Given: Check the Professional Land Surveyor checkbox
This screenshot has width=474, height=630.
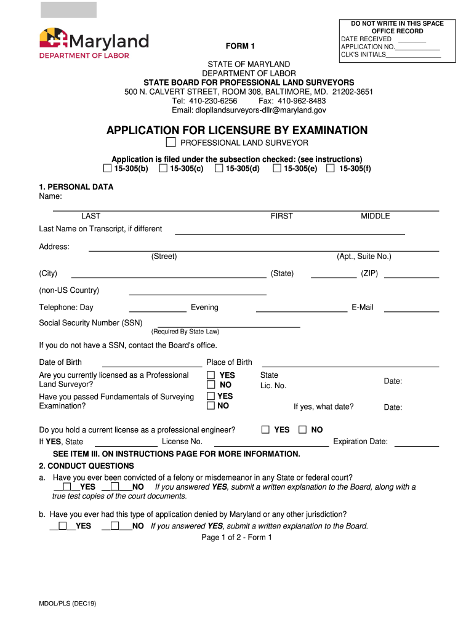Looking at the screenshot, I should click(171, 143).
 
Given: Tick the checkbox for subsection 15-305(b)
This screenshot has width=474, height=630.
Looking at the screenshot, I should click(107, 169).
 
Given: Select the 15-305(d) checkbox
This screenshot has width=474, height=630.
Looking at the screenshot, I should click(219, 169).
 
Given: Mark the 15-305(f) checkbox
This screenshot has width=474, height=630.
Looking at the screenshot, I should click(331, 169).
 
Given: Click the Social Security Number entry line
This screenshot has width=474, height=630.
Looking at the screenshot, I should click(228, 324).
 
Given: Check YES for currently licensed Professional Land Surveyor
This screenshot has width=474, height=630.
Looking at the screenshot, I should click(211, 375).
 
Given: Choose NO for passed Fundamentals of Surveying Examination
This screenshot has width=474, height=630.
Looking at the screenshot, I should click(211, 406).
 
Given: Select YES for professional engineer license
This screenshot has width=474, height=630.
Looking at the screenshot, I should click(265, 430).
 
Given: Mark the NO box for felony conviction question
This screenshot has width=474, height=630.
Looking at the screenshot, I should click(115, 487).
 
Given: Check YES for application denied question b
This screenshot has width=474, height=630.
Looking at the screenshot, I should click(62, 526).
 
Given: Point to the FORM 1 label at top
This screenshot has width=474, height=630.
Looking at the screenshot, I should click(240, 46).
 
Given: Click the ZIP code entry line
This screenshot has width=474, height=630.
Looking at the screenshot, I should click(417, 276).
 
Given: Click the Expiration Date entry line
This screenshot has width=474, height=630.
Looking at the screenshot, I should click(417, 444).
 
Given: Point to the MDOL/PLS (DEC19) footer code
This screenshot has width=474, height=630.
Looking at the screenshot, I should click(68, 604).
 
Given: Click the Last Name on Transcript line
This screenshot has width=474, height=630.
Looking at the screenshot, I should click(290, 233).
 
